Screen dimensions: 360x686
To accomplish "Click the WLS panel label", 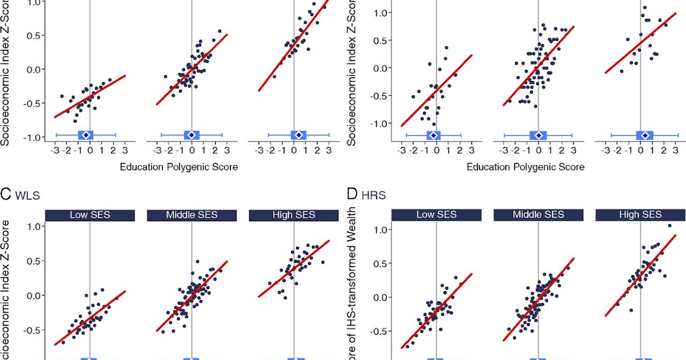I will tap(27, 195).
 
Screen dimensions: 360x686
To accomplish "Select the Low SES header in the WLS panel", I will tap(90, 215).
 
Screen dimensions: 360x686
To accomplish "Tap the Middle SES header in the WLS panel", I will tap(192, 215).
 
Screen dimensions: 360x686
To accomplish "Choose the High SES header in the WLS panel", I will tap(293, 215).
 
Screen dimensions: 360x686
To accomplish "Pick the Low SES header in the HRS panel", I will tap(436, 215).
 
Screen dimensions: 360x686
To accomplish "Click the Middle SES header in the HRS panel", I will tap(539, 215).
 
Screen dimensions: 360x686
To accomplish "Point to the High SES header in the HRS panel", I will tap(640, 215).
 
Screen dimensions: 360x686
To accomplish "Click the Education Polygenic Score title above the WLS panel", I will tap(178, 167).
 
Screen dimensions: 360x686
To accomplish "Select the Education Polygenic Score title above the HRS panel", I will tap(525, 167).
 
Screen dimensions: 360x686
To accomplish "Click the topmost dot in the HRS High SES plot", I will tap(669, 226).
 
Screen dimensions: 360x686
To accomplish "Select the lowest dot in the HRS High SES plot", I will tap(631, 310).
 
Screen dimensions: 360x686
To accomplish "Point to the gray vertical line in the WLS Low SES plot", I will tap(90, 257).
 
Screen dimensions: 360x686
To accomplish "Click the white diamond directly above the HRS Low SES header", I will tap(433, 135).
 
